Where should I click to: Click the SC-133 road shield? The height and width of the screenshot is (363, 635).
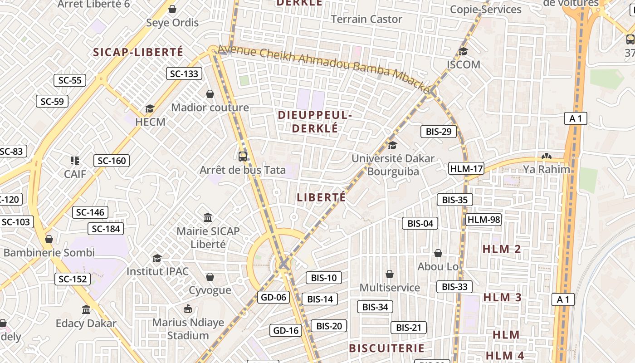(x=184, y=74)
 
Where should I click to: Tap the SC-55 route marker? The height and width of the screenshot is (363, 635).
(x=70, y=80)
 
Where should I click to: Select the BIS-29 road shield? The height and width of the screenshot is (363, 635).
(x=439, y=132)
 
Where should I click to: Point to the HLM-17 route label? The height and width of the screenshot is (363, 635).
(x=466, y=169)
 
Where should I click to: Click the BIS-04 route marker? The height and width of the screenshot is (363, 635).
(x=420, y=223)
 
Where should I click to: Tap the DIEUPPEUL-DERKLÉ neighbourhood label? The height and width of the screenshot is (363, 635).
(x=315, y=122)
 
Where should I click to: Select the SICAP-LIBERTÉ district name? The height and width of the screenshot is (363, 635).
(x=138, y=52)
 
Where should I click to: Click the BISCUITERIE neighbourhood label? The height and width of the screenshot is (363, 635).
(x=386, y=348)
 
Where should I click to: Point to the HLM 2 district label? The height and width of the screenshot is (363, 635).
(x=502, y=249)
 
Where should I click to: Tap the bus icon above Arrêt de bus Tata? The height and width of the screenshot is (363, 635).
(x=243, y=157)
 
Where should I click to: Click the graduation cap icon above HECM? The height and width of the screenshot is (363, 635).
(x=150, y=108)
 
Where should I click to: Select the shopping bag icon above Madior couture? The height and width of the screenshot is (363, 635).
(x=210, y=94)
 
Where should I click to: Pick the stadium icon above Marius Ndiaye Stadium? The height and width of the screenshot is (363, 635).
(x=188, y=309)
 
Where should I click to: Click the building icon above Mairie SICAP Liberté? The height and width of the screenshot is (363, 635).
(x=208, y=218)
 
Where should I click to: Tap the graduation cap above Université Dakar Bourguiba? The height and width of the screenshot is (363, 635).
(x=392, y=145)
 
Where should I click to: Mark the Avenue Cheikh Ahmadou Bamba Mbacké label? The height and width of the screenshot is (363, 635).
(x=324, y=69)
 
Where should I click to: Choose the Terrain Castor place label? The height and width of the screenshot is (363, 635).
(x=366, y=19)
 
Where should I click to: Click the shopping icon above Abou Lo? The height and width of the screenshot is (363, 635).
(x=438, y=253)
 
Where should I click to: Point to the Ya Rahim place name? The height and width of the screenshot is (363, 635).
(x=547, y=169)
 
